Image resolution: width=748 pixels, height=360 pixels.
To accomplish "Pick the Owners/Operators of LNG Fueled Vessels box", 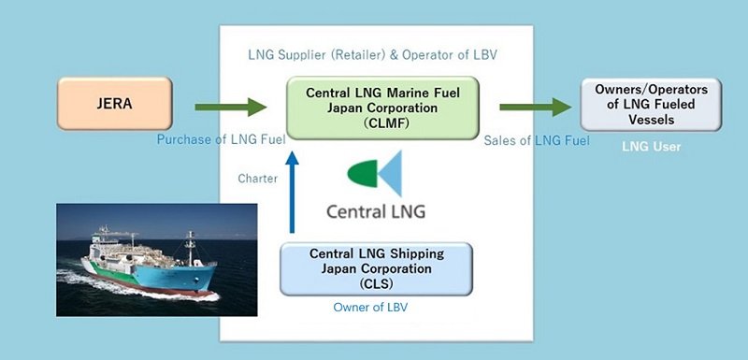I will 651,105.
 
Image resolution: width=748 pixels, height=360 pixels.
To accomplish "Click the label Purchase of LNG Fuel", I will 221,140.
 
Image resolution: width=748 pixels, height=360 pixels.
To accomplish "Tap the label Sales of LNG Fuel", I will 537,140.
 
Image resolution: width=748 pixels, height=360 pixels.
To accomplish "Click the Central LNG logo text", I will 376,210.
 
